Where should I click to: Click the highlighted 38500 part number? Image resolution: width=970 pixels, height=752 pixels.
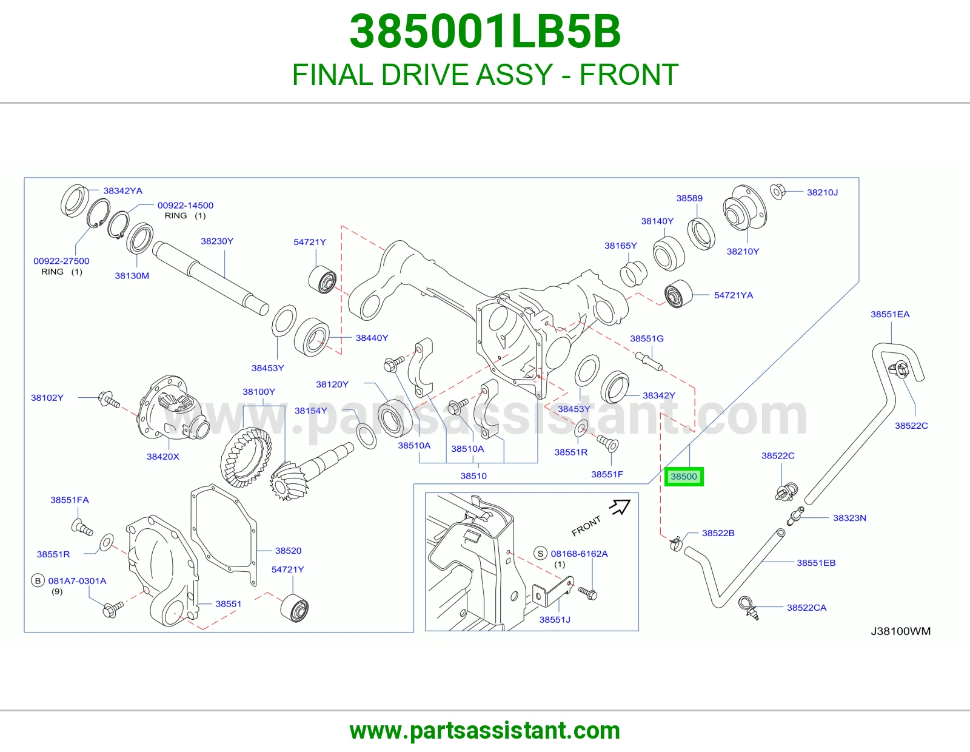[683, 477]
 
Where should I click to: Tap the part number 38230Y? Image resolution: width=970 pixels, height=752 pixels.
[217, 241]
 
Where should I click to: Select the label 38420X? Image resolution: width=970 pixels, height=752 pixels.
[163, 457]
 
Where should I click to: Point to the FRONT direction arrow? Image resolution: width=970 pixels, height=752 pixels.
[620, 506]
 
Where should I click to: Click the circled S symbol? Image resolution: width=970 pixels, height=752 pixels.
[540, 554]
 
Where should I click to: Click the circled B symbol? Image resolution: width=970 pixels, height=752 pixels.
[38, 580]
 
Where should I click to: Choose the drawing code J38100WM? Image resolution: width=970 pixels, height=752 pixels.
[900, 631]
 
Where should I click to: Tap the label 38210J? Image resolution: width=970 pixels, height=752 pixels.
[822, 192]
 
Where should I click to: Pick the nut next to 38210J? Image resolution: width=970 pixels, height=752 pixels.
[777, 192]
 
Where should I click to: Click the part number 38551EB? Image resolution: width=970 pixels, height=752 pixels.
[816, 563]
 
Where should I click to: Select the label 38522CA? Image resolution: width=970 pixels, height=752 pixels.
[807, 607]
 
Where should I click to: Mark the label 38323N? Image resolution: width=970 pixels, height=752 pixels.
[849, 518]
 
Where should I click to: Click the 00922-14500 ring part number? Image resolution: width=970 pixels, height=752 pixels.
[186, 206]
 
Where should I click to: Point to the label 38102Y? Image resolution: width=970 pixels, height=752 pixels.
[47, 397]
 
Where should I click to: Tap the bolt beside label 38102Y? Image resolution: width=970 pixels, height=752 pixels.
[109, 399]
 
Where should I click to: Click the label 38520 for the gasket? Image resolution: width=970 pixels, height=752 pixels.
[289, 551]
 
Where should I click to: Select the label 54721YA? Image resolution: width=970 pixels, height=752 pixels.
[734, 295]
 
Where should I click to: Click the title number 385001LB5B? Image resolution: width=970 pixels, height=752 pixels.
[485, 32]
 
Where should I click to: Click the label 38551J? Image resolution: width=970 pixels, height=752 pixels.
[555, 619]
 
